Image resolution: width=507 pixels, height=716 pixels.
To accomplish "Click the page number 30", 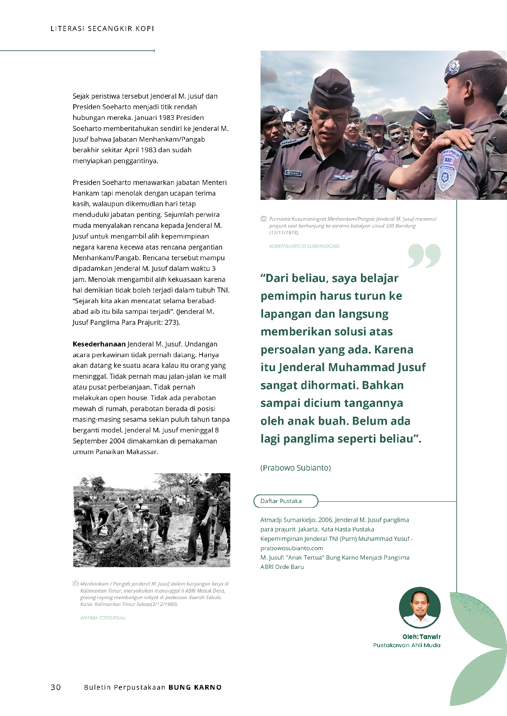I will [x=55, y=688].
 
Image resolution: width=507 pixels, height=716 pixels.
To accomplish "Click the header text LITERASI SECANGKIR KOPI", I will [x=102, y=28].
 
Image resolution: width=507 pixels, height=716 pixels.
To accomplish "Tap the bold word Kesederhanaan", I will [x=99, y=344].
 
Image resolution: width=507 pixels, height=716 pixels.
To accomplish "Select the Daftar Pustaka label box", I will [x=286, y=501].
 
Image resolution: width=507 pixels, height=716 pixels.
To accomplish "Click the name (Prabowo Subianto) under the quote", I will [x=295, y=468].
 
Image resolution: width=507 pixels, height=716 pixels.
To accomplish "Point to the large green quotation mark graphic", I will [x=424, y=256].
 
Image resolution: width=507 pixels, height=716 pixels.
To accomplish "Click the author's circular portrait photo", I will [x=420, y=608].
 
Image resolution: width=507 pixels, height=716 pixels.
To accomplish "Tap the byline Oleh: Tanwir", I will [x=421, y=636].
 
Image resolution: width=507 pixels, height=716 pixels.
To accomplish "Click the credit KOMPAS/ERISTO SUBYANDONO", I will [x=304, y=246].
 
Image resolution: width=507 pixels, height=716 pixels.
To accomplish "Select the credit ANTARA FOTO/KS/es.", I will [x=103, y=618].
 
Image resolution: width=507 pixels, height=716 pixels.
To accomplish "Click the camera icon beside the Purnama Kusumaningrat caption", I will [x=264, y=219].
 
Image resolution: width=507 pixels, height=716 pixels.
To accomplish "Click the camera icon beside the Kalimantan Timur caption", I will [x=75, y=583].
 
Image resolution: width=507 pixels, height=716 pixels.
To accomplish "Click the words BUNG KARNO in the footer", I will [x=195, y=688].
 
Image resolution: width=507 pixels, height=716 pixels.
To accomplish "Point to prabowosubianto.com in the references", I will [x=292, y=548].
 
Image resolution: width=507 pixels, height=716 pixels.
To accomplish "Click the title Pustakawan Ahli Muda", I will [x=407, y=645].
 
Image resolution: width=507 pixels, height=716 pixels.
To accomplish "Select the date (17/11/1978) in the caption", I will [x=284, y=233].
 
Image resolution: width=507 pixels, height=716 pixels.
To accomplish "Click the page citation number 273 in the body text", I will [x=171, y=322].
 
